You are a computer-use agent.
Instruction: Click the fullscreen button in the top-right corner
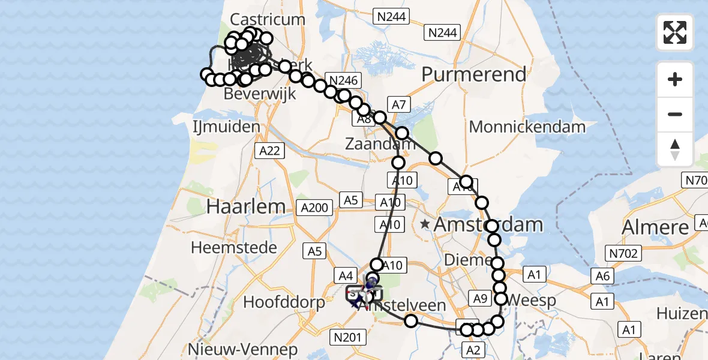coord(675,32)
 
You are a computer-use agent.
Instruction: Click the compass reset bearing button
coord(675,149)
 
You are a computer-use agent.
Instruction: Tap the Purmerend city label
coord(474,74)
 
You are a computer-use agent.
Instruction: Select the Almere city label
coord(655,227)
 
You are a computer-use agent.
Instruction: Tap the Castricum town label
coord(268,19)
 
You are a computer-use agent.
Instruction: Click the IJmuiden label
coord(226,127)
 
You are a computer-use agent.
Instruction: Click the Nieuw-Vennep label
coord(242,350)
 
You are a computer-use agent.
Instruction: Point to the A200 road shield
coord(314,208)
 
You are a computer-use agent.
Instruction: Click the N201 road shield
coord(347,338)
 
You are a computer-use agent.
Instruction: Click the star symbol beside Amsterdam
coord(425,224)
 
